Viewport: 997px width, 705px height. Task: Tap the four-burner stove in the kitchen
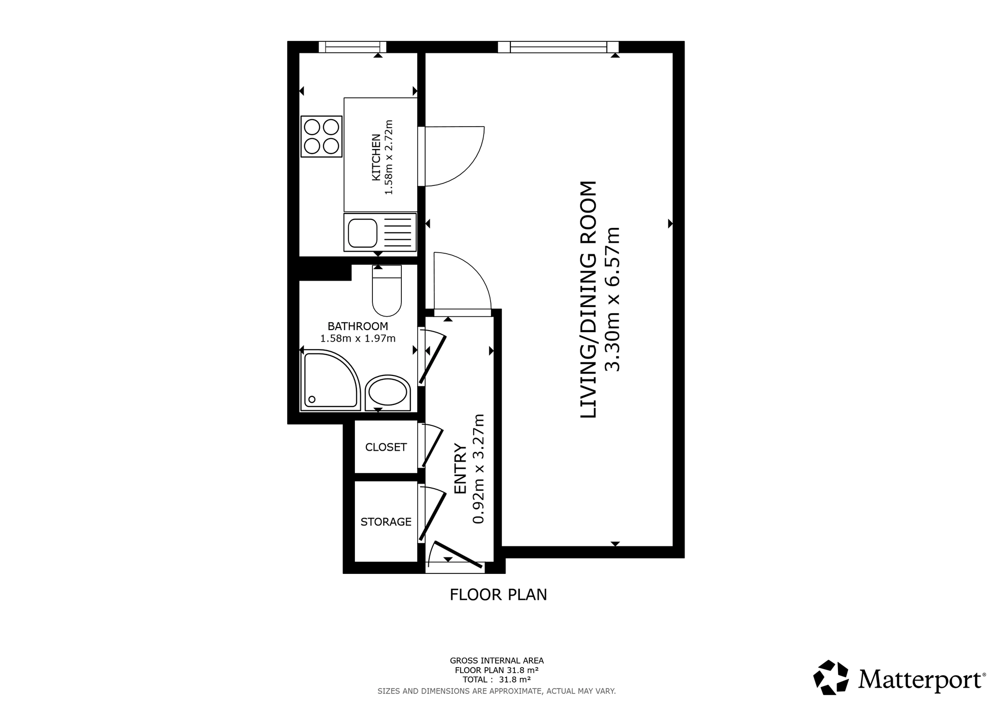[322, 137]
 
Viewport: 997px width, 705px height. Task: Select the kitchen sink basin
[362, 233]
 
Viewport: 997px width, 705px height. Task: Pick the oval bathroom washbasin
[387, 393]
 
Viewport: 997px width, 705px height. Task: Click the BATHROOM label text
[358, 327]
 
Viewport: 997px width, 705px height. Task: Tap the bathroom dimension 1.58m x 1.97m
[358, 339]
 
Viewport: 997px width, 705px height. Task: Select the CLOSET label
[386, 447]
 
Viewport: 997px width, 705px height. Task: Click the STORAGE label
[386, 522]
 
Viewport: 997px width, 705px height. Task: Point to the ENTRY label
[460, 469]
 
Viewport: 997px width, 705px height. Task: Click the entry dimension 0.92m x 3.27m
[479, 469]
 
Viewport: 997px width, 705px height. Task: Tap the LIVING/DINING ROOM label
[589, 300]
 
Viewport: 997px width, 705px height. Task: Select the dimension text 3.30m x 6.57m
[612, 300]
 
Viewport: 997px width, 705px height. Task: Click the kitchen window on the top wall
[352, 47]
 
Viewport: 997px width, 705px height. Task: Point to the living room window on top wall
[558, 47]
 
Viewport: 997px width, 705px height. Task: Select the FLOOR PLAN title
[498, 595]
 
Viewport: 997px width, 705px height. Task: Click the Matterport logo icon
[831, 678]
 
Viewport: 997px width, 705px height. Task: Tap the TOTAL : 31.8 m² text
[497, 680]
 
